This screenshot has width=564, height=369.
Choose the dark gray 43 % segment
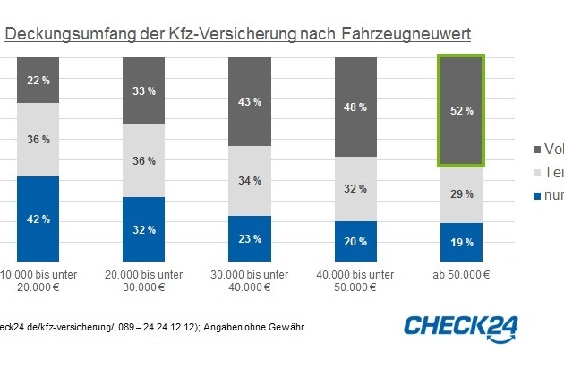coord(243,101)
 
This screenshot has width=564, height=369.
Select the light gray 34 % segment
coord(243,180)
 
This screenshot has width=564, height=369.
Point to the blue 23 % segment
coord(243,238)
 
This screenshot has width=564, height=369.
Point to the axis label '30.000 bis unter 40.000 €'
coord(243,279)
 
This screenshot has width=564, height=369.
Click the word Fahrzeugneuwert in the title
coord(406,34)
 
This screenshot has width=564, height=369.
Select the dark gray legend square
coord(536,150)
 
